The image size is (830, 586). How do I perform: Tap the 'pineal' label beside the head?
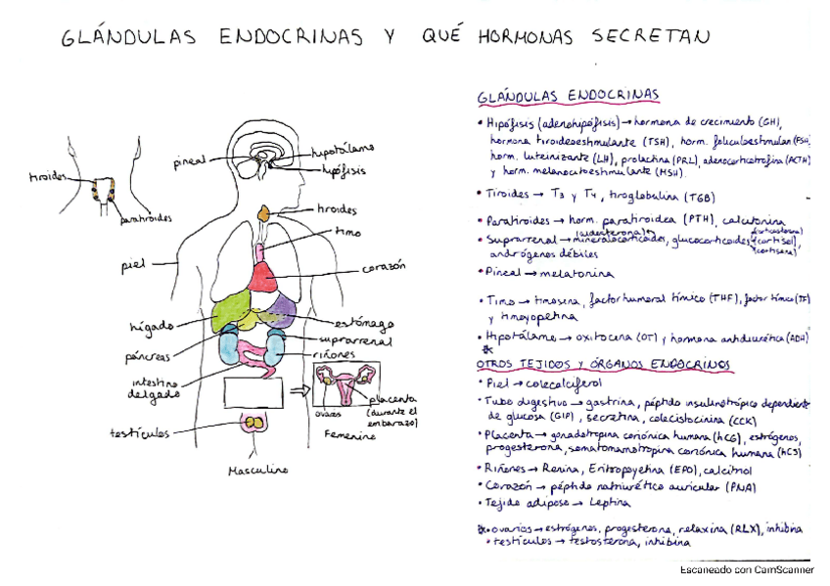189,161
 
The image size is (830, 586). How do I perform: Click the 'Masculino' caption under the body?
256,470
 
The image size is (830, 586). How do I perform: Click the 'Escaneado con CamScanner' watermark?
747,569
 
